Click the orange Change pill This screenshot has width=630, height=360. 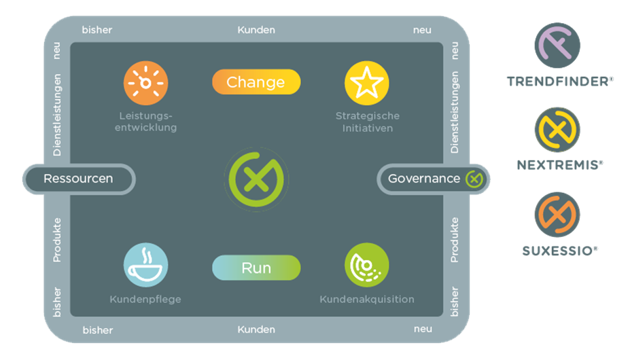[x=256, y=82]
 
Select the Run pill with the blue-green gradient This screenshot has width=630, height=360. [x=256, y=268]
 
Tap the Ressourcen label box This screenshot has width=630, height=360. [x=78, y=179]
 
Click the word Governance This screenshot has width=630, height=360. [x=423, y=179]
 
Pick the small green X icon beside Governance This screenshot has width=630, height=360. [x=474, y=179]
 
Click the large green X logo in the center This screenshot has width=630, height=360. [x=256, y=179]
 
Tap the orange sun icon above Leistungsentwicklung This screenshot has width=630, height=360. [x=145, y=83]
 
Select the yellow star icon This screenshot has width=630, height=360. [x=366, y=83]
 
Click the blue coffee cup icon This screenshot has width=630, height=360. [x=145, y=265]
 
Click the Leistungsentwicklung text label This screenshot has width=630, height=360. [x=145, y=122]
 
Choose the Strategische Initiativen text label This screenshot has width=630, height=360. [x=367, y=122]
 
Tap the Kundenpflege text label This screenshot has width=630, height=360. [x=145, y=299]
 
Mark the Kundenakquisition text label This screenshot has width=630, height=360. [x=366, y=299]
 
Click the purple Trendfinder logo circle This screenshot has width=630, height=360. [x=557, y=45]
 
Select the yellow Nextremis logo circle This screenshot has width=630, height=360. [x=557, y=130]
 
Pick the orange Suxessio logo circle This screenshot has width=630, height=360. [x=557, y=215]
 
